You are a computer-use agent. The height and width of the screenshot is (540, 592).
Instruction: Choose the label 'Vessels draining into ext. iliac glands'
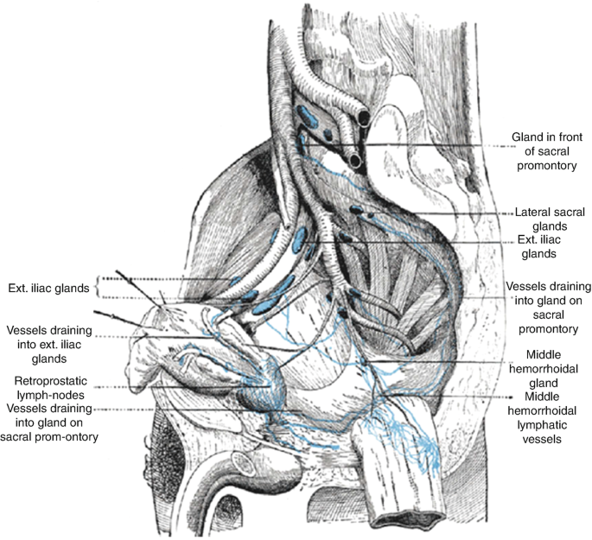49,345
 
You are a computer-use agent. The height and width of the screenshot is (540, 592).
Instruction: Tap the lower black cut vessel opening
355,162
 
